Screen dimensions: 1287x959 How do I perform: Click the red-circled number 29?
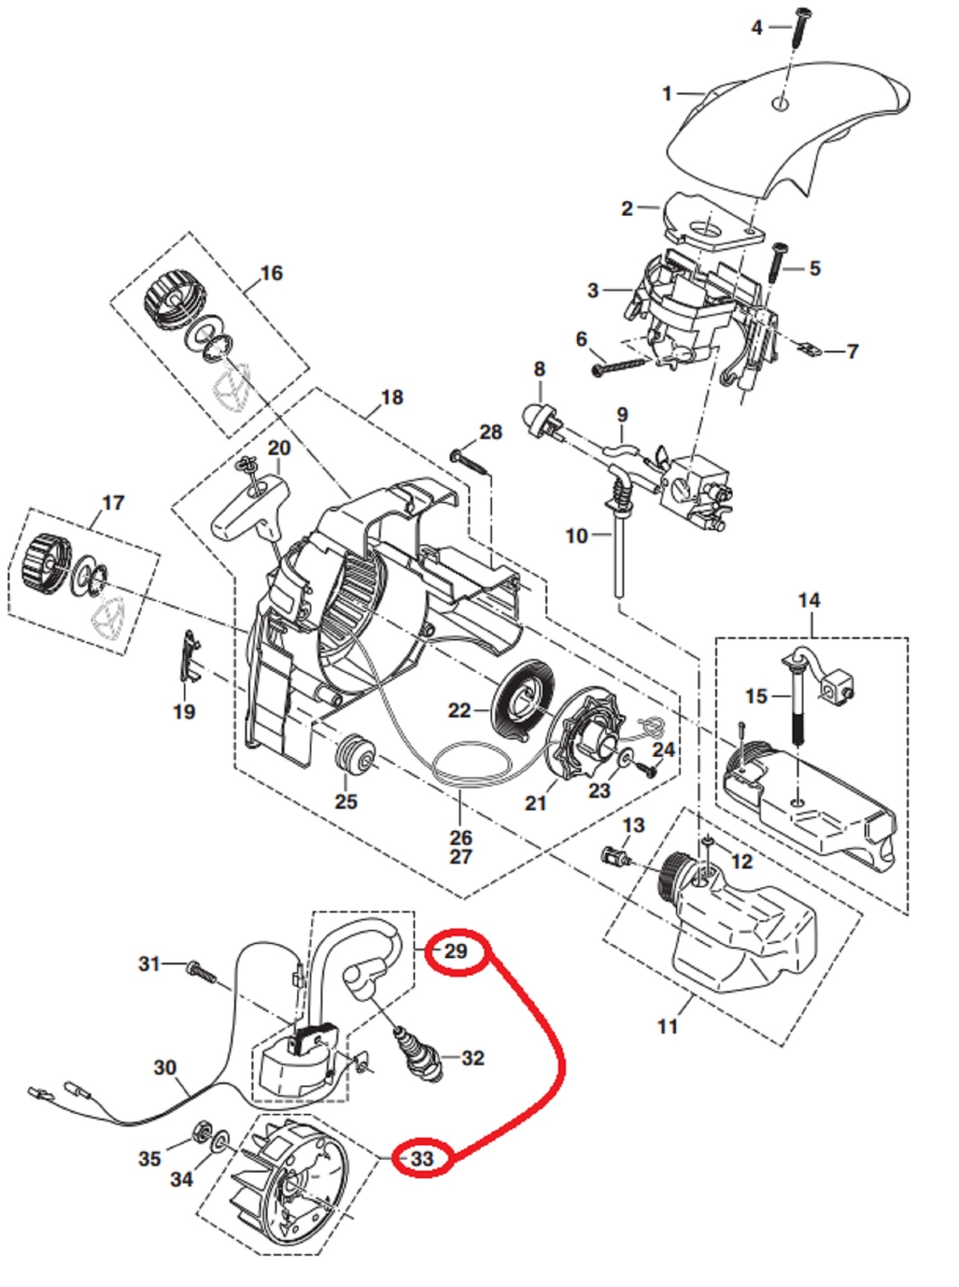coord(456,951)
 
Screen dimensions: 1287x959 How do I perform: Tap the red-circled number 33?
coord(422,1158)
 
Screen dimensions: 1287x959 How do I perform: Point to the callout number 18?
coord(392,397)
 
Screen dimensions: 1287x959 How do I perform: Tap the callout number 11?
coord(668,1026)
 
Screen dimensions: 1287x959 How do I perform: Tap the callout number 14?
coord(808,600)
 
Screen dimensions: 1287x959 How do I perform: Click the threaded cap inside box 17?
coord(44,562)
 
